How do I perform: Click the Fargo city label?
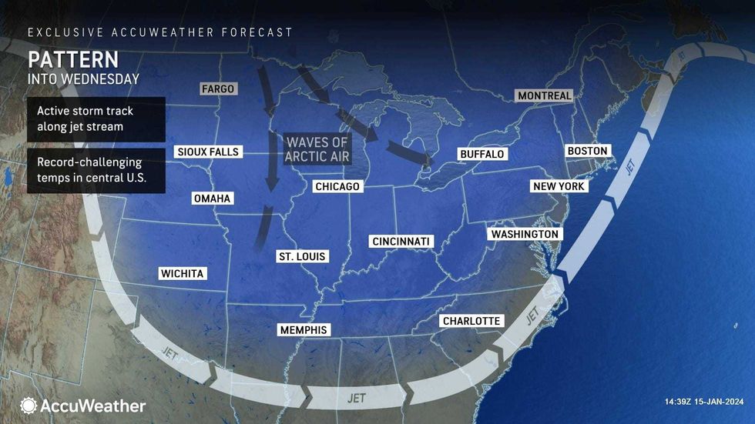[x=217, y=88]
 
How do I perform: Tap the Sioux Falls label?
[x=207, y=152]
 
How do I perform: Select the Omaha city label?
[x=212, y=199]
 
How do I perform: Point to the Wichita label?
[x=183, y=273]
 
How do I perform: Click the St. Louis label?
[x=301, y=256]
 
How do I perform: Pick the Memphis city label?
[x=303, y=330]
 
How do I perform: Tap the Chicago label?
[x=337, y=186]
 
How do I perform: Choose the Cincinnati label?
[x=401, y=242]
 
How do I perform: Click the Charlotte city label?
[x=471, y=321]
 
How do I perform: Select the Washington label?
[x=524, y=234]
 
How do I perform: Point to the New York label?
[x=559, y=186]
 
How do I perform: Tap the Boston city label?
[x=587, y=151]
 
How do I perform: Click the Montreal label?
[x=545, y=95]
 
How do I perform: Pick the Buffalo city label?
[x=482, y=154]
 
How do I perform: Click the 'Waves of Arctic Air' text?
[x=317, y=149]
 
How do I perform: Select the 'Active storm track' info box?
[x=96, y=119]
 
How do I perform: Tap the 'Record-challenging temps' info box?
[x=96, y=171]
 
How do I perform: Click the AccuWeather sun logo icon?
[x=29, y=406]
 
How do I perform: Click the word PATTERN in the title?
[x=73, y=59]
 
